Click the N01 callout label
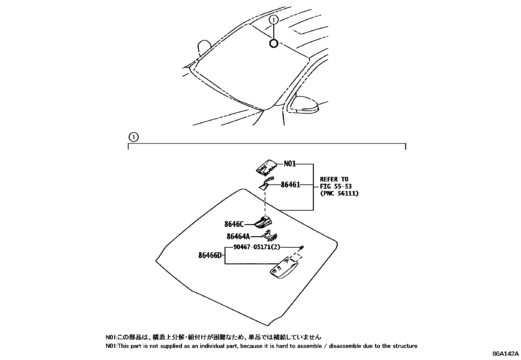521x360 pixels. pyautogui.click(x=290, y=163)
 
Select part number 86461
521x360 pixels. pyautogui.click(x=290, y=185)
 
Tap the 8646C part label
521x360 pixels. pyautogui.click(x=234, y=224)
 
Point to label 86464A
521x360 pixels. pyautogui.click(x=238, y=236)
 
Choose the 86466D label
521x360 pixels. pyautogui.click(x=210, y=255)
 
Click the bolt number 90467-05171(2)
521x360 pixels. pyautogui.click(x=257, y=247)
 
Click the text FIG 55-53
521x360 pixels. pyautogui.click(x=336, y=186)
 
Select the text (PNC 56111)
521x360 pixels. pyautogui.click(x=339, y=194)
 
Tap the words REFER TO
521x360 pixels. pyautogui.click(x=334, y=179)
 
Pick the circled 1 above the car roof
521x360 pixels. pyautogui.click(x=274, y=20)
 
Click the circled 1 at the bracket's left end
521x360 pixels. pyautogui.click(x=134, y=137)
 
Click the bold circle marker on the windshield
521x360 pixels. pyautogui.click(x=274, y=43)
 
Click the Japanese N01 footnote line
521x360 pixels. pyautogui.click(x=213, y=337)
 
